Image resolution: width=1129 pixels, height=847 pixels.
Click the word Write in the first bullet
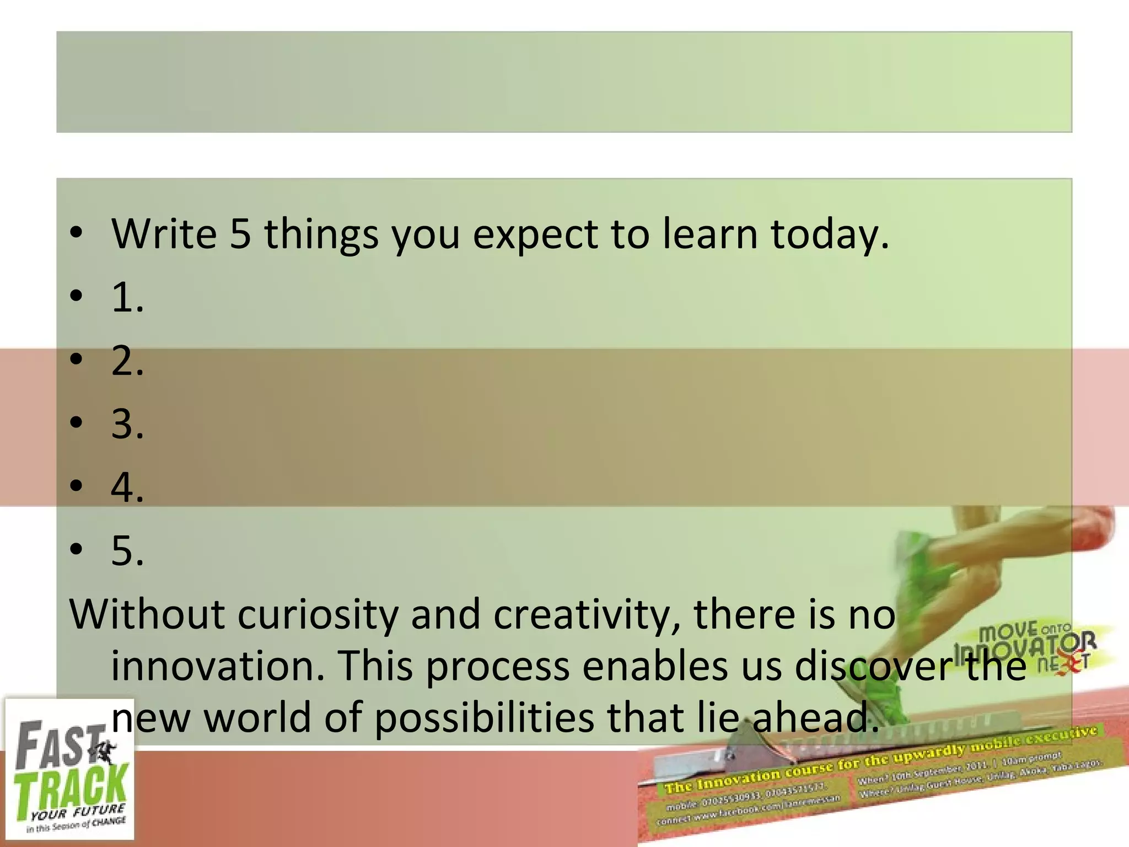pyautogui.click(x=164, y=234)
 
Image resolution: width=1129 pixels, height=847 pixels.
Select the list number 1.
pyautogui.click(x=127, y=298)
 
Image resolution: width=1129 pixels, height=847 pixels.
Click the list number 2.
pyautogui.click(x=127, y=361)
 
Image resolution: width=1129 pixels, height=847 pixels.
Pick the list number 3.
pyautogui.click(x=127, y=424)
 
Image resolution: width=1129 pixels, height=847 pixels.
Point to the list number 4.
pyautogui.click(x=127, y=487)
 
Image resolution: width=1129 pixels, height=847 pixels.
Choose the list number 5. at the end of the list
pyautogui.click(x=127, y=550)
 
